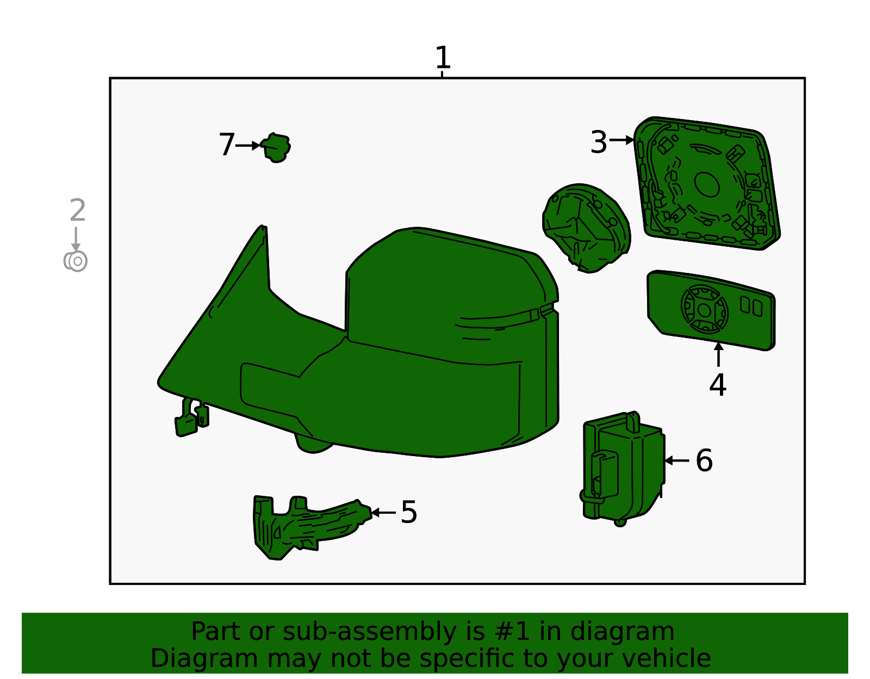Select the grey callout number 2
(x=78, y=210)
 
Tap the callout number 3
(x=599, y=142)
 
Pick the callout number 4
(x=717, y=384)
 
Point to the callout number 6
(x=704, y=460)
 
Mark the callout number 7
(x=227, y=145)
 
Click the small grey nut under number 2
(x=75, y=261)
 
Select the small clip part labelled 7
(x=276, y=148)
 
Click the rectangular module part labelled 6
(x=623, y=468)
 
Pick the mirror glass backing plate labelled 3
(x=707, y=183)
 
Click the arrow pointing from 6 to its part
(x=676, y=460)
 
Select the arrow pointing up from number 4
(x=718, y=354)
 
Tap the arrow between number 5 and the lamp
(x=383, y=512)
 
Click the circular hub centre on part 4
(x=704, y=310)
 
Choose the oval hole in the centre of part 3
(x=707, y=184)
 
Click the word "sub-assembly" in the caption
(x=370, y=632)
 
